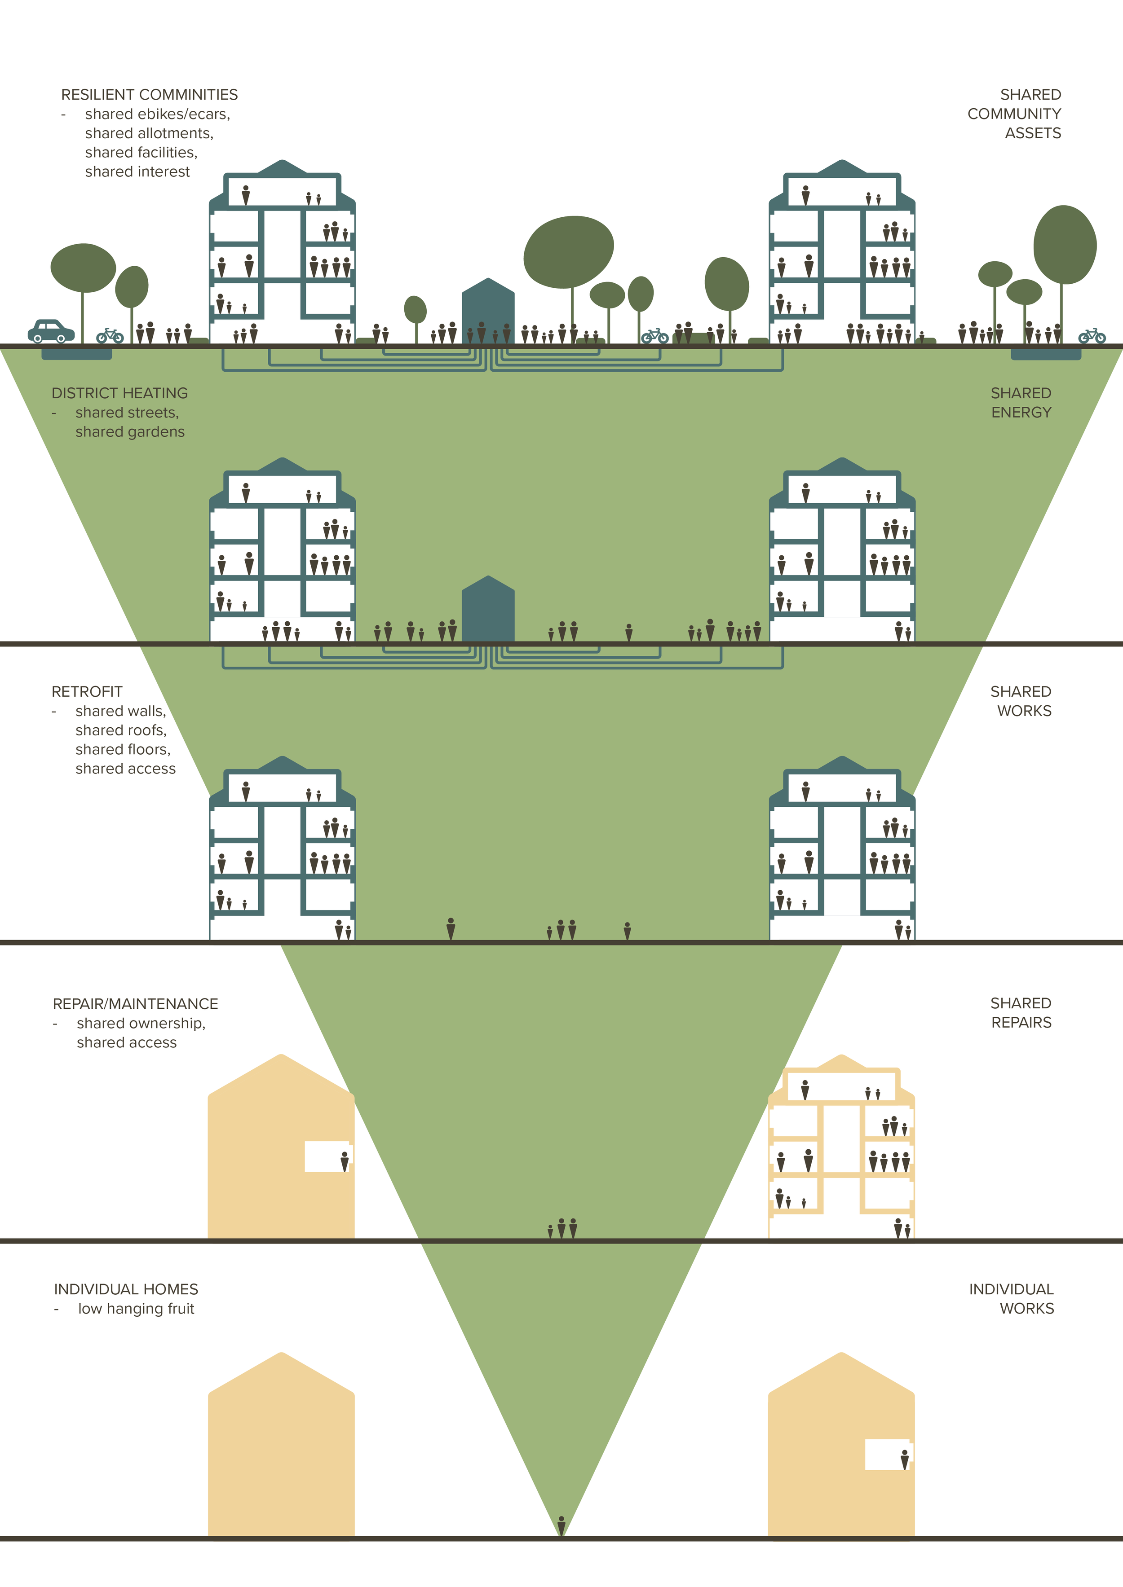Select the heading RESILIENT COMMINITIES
point(150,95)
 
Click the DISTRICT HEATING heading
point(119,393)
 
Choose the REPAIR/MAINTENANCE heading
point(136,1004)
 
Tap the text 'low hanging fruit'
point(136,1309)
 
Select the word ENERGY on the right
point(1021,413)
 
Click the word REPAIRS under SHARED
point(1021,1023)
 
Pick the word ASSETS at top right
point(1033,133)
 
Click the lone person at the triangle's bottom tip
point(561,1525)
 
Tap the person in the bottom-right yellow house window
point(905,1459)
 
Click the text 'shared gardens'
point(130,432)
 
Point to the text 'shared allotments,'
point(150,133)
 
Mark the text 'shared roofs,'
point(121,730)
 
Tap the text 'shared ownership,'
point(141,1024)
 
